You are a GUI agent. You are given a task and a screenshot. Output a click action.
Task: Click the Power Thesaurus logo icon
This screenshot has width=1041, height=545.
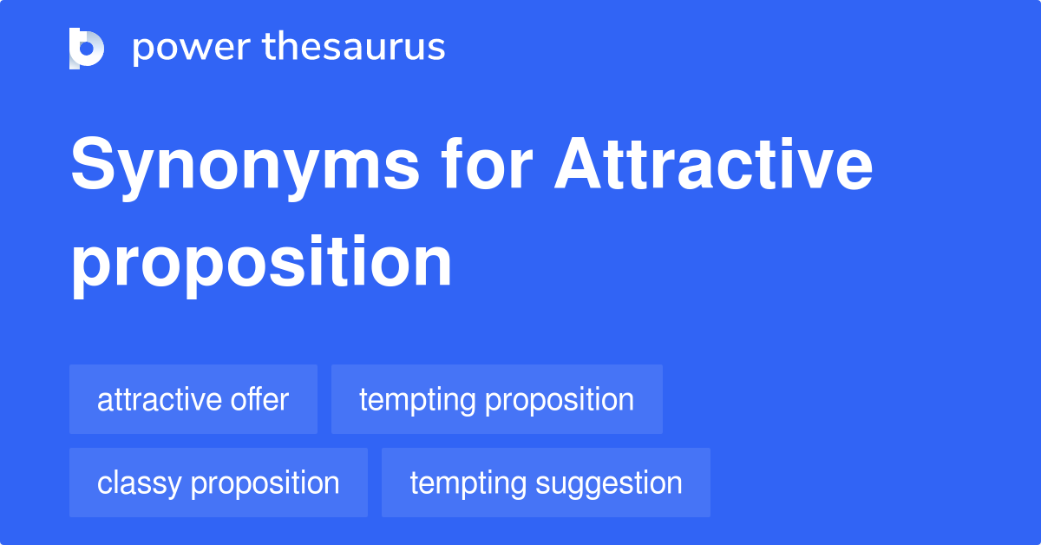(x=87, y=48)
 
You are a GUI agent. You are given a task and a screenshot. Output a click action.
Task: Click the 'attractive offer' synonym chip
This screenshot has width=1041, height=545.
(x=193, y=399)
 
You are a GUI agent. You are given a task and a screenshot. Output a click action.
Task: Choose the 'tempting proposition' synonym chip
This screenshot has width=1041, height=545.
(x=496, y=399)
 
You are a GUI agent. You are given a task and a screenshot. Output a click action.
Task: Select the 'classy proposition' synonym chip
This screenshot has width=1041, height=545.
(x=218, y=483)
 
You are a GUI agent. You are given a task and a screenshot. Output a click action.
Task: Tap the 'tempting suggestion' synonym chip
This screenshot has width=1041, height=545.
(x=546, y=483)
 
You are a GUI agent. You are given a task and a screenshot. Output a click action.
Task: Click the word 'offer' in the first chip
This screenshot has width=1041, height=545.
(x=259, y=399)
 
